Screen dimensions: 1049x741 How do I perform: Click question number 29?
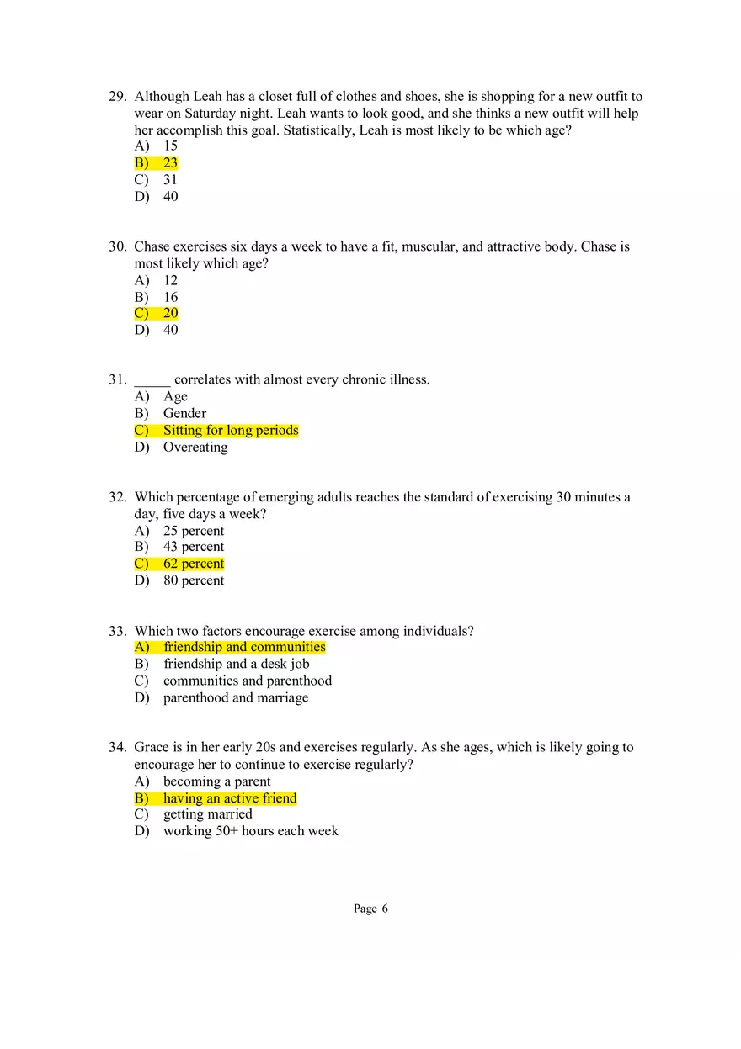(117, 97)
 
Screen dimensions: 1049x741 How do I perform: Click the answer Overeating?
(195, 447)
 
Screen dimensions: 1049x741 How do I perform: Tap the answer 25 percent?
(194, 531)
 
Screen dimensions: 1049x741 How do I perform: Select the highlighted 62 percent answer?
(194, 564)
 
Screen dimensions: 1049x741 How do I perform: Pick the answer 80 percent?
(194, 580)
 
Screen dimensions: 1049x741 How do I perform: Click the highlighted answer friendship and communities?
(244, 647)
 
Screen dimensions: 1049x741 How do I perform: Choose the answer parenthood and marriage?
(236, 697)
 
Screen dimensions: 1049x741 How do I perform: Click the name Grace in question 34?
(152, 747)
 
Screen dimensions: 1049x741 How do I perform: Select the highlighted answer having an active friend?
(230, 798)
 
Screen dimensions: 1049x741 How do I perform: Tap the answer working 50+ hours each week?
(251, 830)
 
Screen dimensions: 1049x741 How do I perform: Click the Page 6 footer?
(370, 909)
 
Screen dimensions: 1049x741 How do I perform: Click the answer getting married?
(208, 814)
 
